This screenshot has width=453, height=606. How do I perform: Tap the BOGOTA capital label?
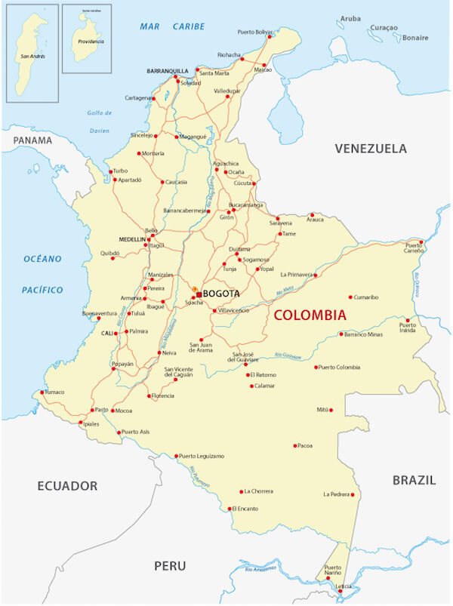pyautogui.click(x=221, y=294)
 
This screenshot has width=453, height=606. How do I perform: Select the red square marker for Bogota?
pyautogui.click(x=199, y=294)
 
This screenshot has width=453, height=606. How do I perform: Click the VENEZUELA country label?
pyautogui.click(x=371, y=148)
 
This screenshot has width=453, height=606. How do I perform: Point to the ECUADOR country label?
pyautogui.click(x=67, y=485)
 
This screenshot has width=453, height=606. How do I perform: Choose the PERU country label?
pyautogui.click(x=170, y=565)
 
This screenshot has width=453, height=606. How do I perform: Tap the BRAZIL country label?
pyautogui.click(x=414, y=480)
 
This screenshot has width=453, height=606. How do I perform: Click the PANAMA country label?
pyautogui.click(x=32, y=140)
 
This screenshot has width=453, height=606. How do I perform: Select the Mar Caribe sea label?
pyautogui.click(x=172, y=26)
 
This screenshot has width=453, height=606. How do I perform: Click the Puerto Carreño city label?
pyautogui.click(x=414, y=248)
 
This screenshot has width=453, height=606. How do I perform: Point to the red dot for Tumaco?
pyautogui.click(x=42, y=392)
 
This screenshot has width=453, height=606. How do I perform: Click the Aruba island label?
pyautogui.click(x=351, y=17)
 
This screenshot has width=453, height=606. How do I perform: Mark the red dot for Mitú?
pyautogui.click(x=331, y=411)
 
